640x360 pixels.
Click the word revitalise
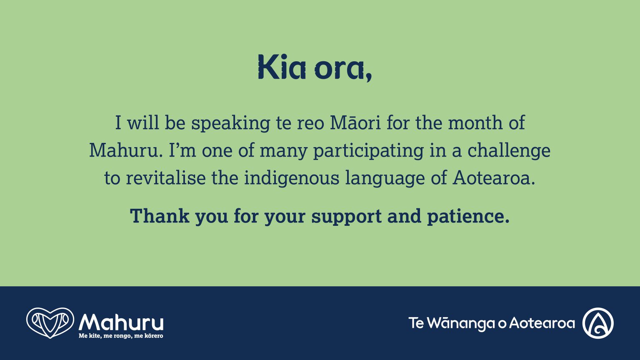[166, 178]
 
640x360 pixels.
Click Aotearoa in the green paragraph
[493, 178]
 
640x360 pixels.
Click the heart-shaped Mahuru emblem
[50, 322]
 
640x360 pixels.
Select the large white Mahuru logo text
[121, 322]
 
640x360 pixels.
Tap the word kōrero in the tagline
[155, 336]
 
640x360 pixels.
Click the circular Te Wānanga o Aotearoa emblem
[598, 323]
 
